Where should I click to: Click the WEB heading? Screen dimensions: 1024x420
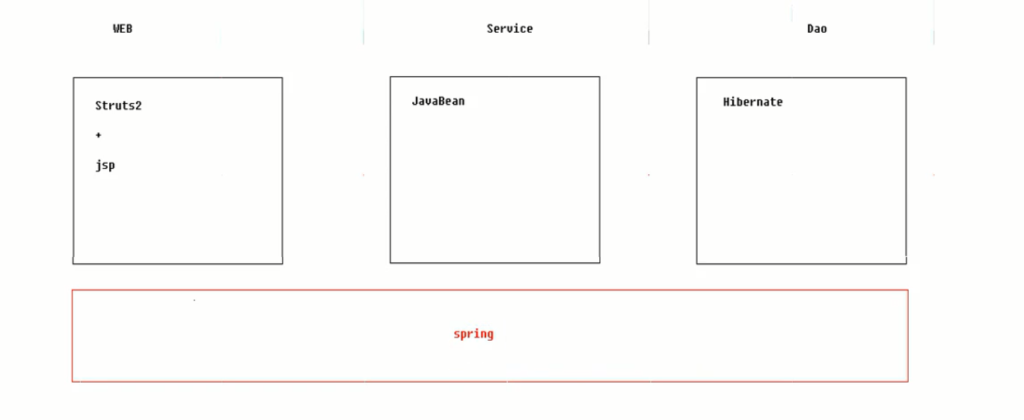[x=123, y=28]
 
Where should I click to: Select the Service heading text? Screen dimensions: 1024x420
[x=509, y=28]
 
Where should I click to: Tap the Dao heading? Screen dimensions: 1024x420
[x=817, y=28]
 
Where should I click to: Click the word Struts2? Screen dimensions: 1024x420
[x=118, y=105]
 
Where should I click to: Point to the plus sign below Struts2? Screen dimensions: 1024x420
[x=98, y=135]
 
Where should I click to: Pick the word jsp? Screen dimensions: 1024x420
[x=105, y=165]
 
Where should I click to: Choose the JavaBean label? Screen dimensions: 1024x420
[x=438, y=101]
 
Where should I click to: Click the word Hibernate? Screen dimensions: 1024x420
[x=752, y=102]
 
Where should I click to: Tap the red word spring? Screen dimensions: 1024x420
[x=473, y=334]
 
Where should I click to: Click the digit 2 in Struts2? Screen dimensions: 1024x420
[x=138, y=105]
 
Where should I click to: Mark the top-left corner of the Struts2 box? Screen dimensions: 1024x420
[x=73, y=78]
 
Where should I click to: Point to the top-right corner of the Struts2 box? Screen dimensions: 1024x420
[x=282, y=78]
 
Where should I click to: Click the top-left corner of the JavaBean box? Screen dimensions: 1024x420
[x=390, y=77]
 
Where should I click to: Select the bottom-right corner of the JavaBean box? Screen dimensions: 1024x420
[x=599, y=262]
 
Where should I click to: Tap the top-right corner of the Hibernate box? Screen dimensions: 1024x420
[x=906, y=78]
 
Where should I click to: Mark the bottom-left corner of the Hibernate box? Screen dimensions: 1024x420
[x=697, y=263]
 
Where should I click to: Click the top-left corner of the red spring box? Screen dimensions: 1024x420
[x=73, y=290]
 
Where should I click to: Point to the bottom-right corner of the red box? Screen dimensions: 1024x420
[x=908, y=381]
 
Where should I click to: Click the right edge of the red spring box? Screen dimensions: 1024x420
[x=908, y=336]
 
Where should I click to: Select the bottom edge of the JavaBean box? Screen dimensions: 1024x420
[x=494, y=262]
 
